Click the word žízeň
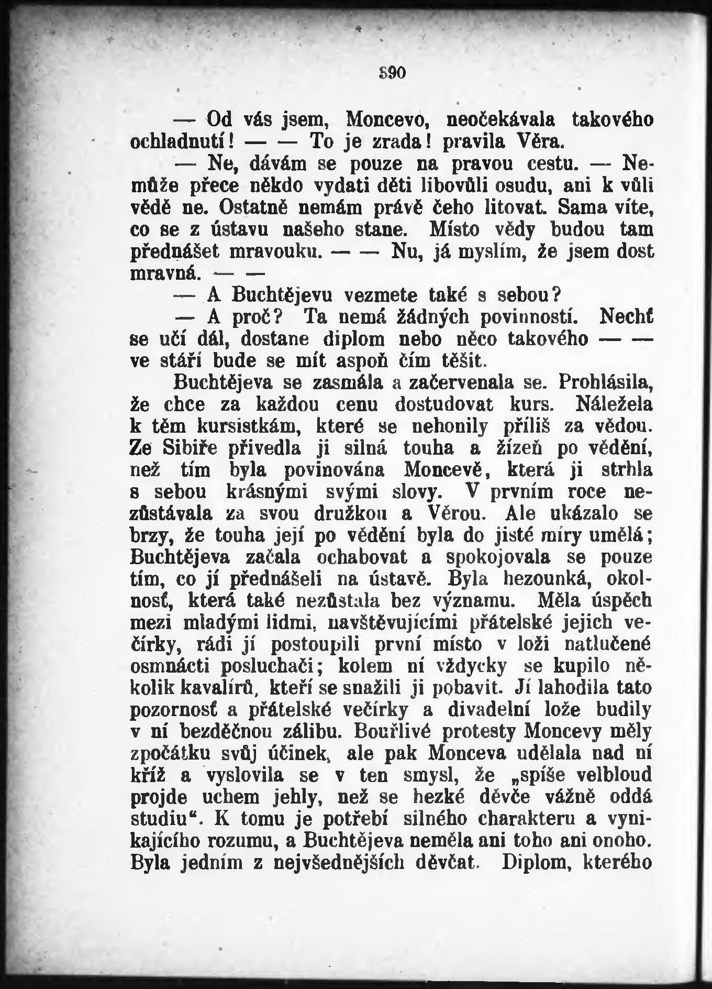(x=507, y=448)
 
